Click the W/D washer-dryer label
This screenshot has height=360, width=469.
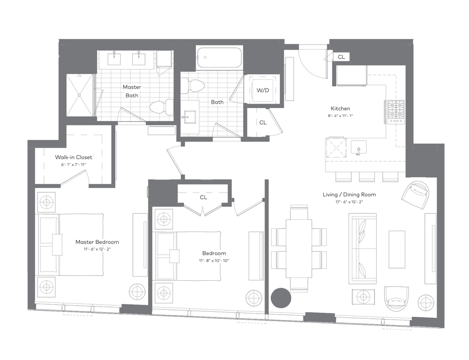263,90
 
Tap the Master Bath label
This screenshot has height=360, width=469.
132,91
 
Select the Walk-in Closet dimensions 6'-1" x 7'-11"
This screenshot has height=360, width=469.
74,165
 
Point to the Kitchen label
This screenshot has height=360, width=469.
340,109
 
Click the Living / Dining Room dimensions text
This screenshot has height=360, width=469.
349,202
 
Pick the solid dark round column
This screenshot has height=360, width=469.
281,298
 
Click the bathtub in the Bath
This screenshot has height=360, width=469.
220,57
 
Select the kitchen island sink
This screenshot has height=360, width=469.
359,147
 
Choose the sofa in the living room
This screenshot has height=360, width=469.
363,248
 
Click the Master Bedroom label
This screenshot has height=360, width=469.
97,242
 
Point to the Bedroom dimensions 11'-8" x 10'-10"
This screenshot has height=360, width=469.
214,261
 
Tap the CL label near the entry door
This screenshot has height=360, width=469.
341,57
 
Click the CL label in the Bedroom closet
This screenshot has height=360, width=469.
204,197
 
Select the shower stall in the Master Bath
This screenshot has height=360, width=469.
79,95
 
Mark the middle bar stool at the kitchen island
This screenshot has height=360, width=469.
367,177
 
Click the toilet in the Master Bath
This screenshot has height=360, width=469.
161,107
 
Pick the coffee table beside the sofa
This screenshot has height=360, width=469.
397,249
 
